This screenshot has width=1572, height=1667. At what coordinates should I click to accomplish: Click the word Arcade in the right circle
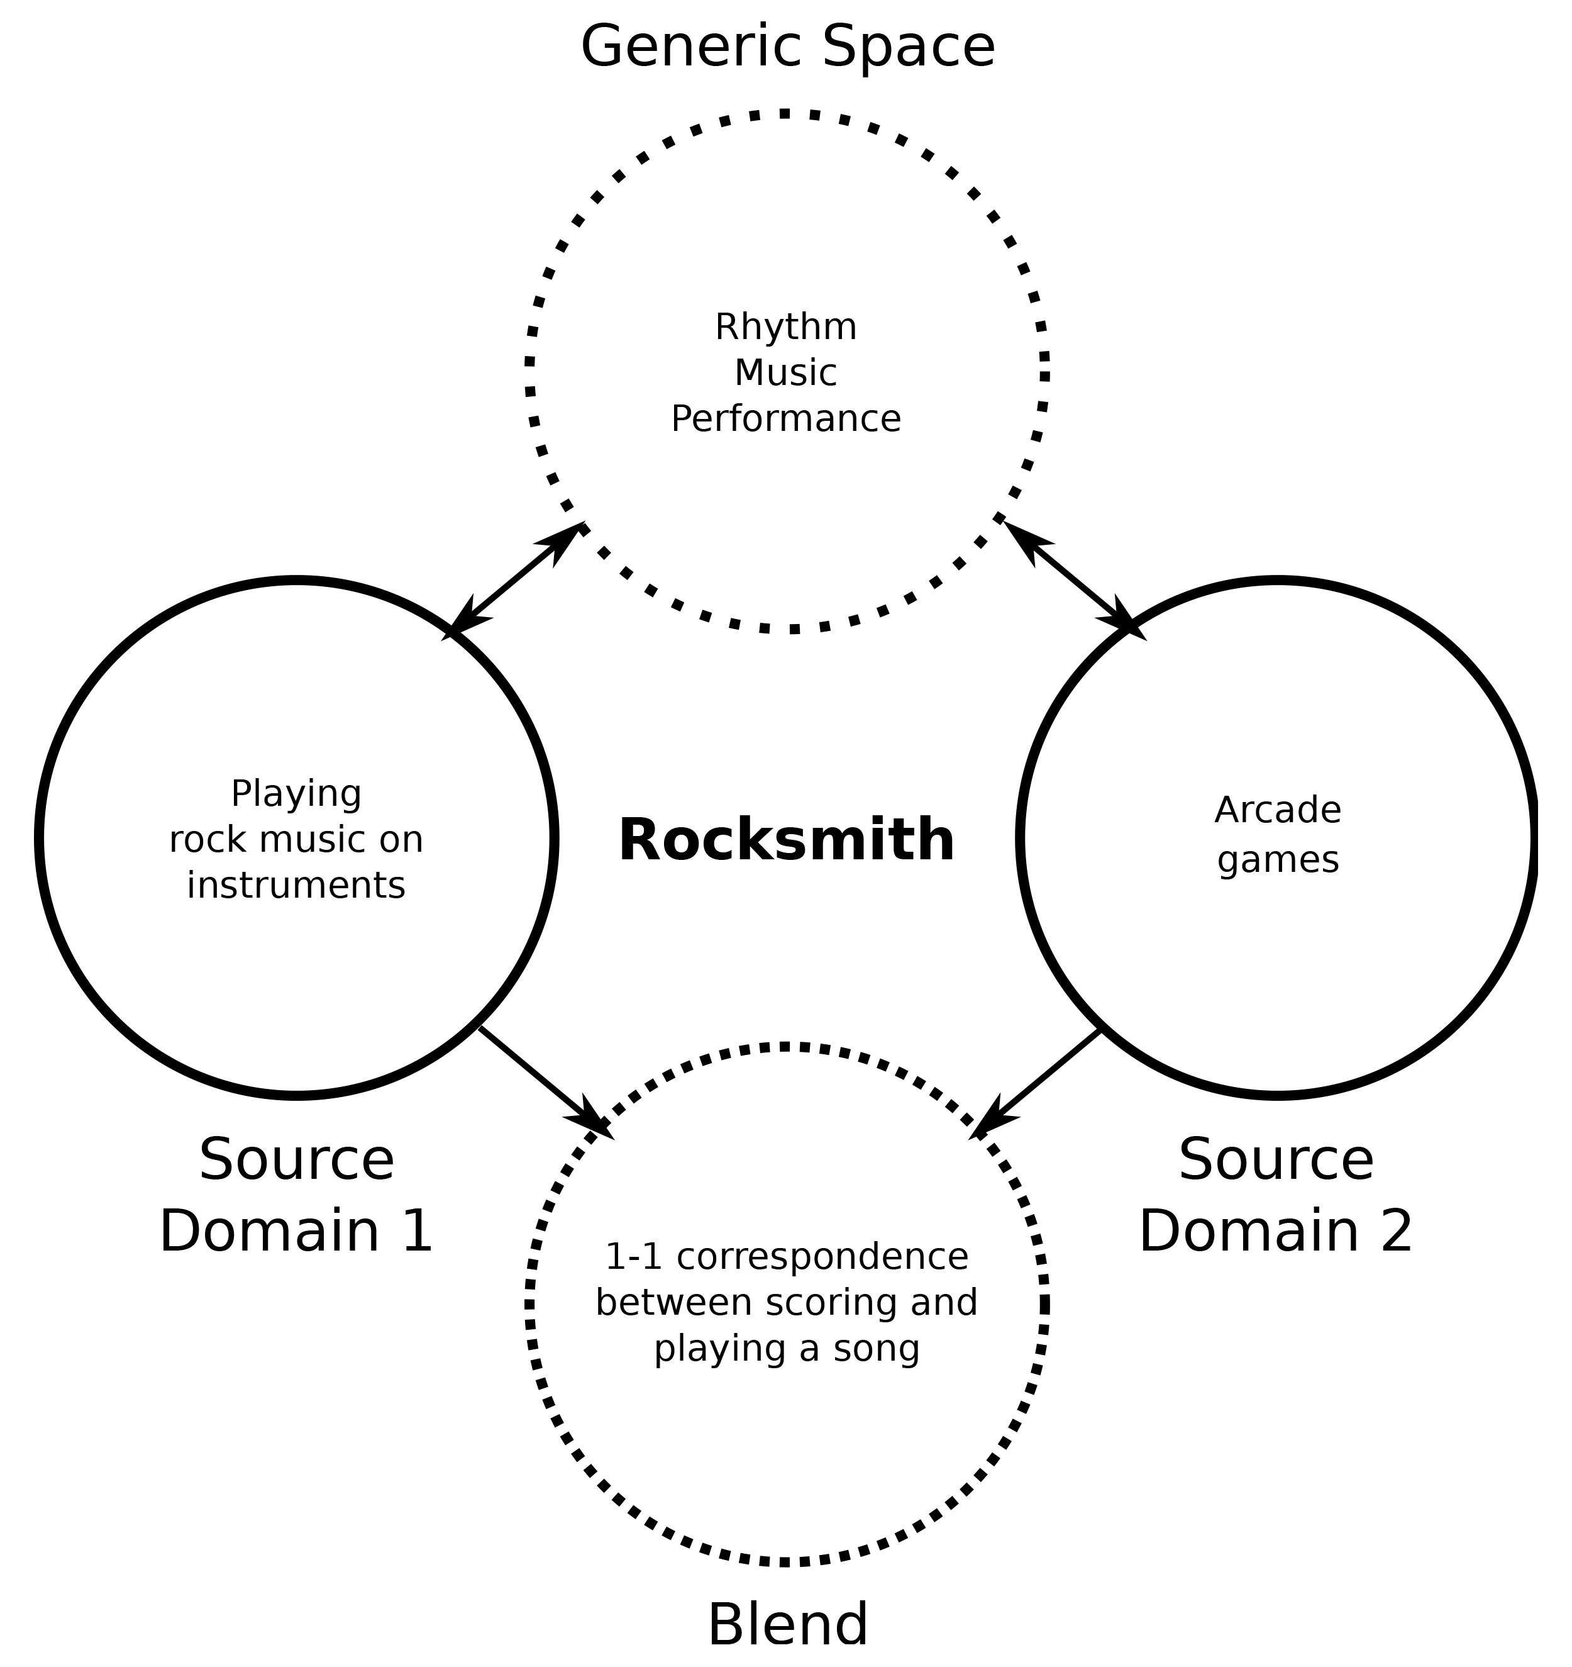coord(1277,810)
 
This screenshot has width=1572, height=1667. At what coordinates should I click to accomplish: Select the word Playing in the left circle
coord(296,793)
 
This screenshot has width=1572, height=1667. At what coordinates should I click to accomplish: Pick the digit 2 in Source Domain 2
coord(1396,1232)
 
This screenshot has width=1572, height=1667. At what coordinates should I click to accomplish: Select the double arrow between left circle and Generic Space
coord(516,579)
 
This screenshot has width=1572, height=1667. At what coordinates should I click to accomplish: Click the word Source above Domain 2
coord(1276,1160)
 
